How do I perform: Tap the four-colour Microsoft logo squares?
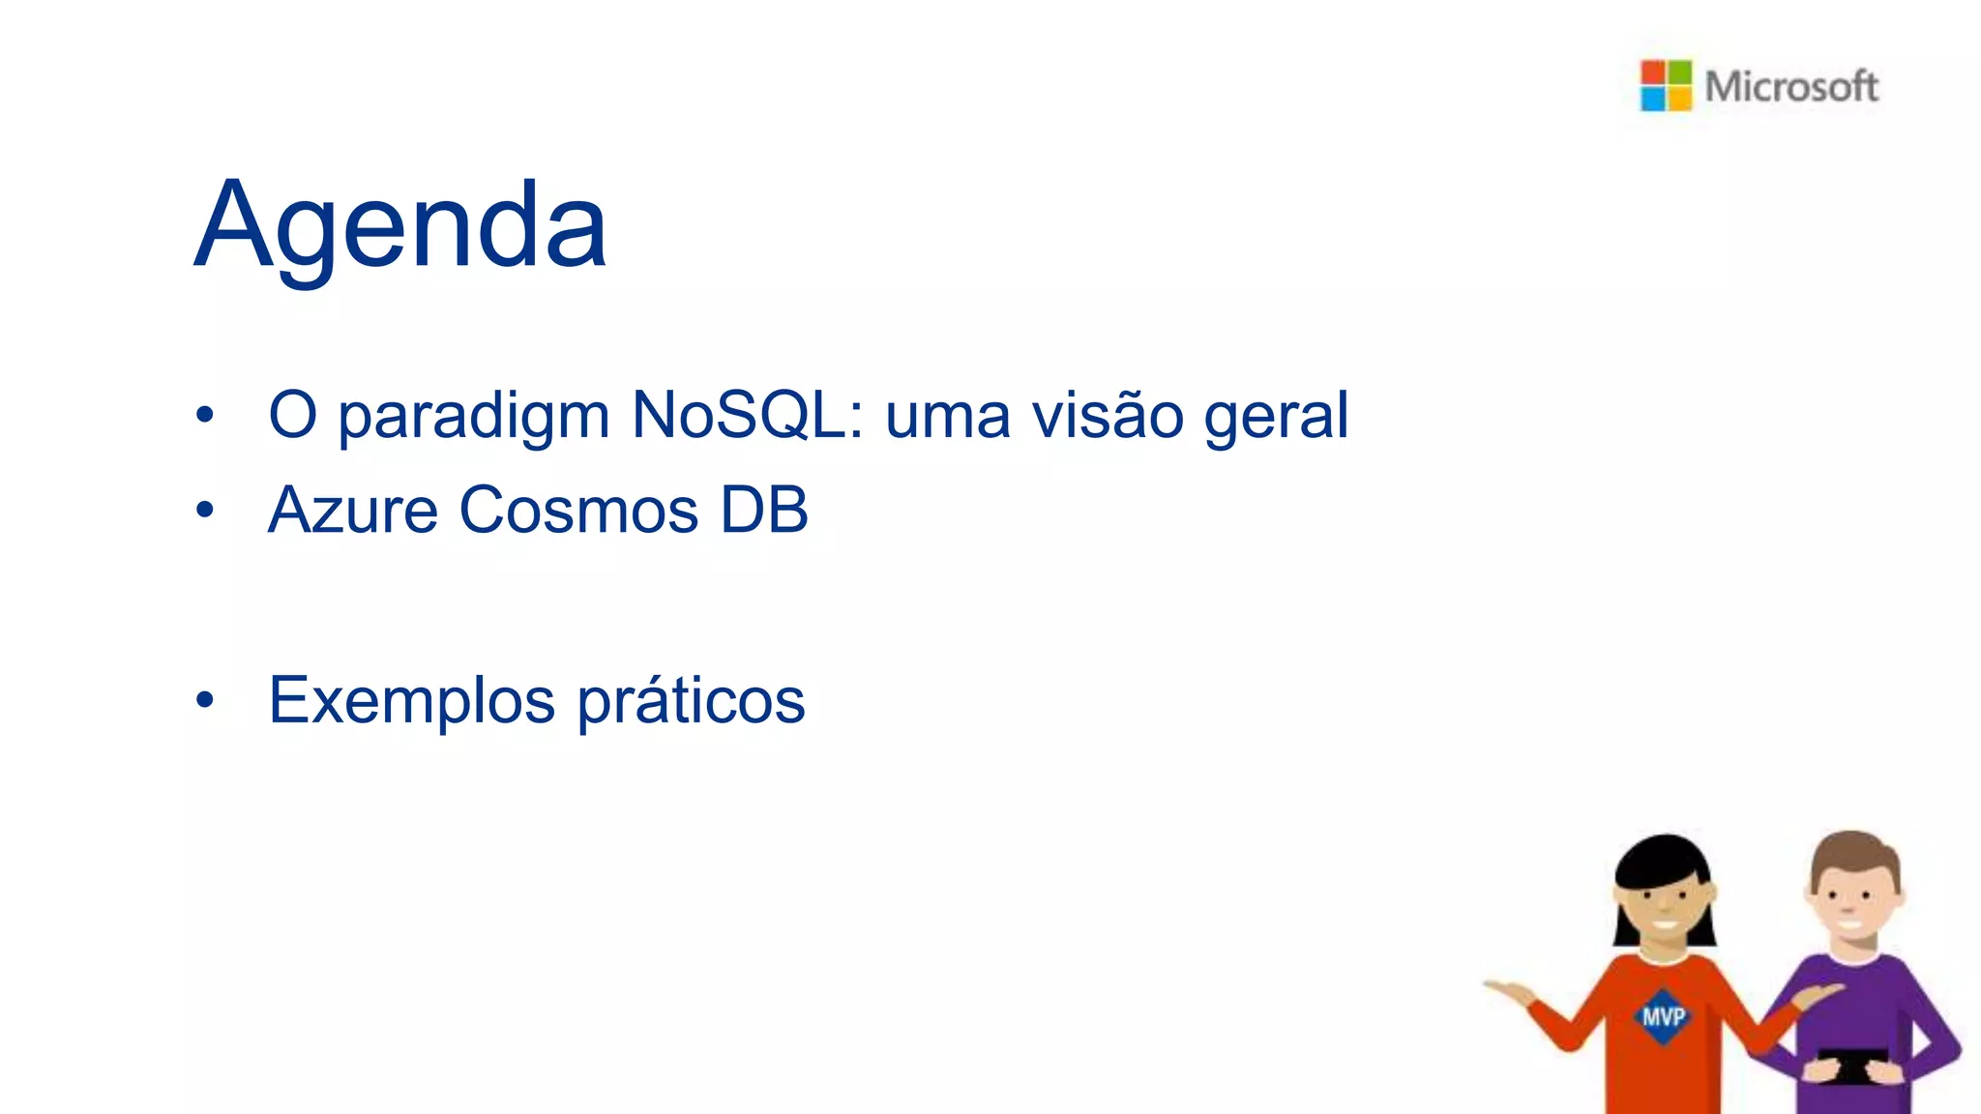[1666, 86]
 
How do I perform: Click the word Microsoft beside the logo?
[1791, 87]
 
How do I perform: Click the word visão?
[1108, 415]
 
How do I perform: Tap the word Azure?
[353, 510]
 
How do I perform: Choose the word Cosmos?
[578, 510]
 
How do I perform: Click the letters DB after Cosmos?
[764, 510]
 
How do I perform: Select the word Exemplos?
[412, 701]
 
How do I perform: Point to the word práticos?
[691, 701]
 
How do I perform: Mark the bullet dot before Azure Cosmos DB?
[204, 510]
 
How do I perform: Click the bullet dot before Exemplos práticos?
[204, 699]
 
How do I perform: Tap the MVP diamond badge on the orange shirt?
[1663, 1016]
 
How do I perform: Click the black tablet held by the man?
[1851, 1065]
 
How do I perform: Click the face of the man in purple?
[1850, 904]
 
